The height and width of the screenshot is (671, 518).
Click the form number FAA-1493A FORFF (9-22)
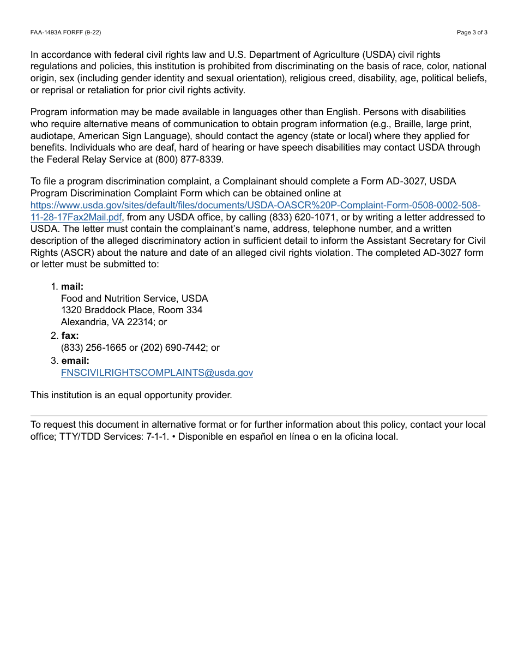click(65, 32)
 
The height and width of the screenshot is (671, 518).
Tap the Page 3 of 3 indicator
click(472, 32)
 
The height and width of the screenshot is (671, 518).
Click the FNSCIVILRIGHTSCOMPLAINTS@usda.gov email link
click(156, 373)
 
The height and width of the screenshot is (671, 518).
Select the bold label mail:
click(72, 287)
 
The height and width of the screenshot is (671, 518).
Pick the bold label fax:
click(70, 336)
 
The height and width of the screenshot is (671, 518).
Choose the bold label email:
click(75, 361)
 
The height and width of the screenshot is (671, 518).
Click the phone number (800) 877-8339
click(189, 160)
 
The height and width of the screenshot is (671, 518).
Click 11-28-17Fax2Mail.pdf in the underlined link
click(76, 217)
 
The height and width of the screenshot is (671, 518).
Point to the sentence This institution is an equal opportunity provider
click(131, 395)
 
